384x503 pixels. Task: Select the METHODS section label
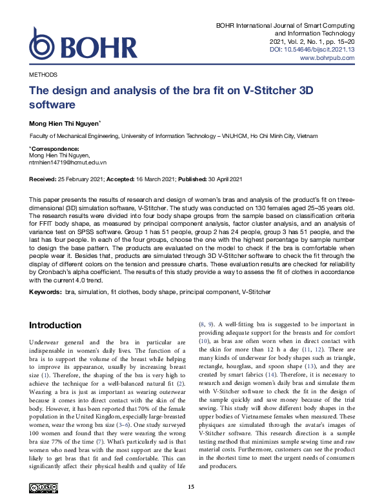(x=43, y=75)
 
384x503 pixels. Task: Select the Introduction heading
(x=56, y=324)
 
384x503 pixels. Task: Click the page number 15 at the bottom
(x=191, y=486)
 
